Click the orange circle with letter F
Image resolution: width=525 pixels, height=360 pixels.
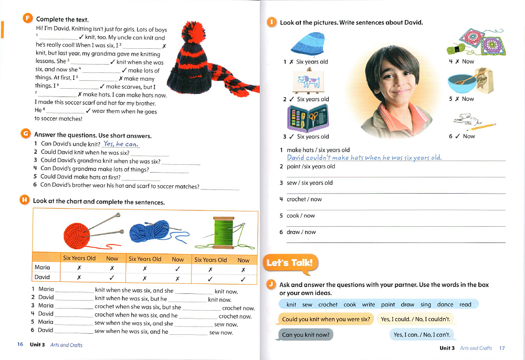click(x=27, y=18)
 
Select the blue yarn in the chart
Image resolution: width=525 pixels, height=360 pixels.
click(x=148, y=231)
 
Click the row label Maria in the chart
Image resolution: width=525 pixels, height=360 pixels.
click(x=42, y=268)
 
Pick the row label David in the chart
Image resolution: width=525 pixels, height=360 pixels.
click(x=42, y=277)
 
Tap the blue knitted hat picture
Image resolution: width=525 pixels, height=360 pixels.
click(x=307, y=44)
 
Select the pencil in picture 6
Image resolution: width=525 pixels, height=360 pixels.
click(x=484, y=126)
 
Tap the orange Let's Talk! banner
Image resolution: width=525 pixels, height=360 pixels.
click(x=289, y=263)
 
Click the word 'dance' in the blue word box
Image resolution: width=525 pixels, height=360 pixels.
click(x=445, y=304)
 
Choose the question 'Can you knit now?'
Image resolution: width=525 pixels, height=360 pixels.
click(x=304, y=335)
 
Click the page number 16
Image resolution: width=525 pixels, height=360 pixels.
click(x=20, y=345)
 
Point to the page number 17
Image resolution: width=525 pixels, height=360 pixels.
click(x=502, y=348)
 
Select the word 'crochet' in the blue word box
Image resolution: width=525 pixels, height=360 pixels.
click(x=328, y=304)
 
